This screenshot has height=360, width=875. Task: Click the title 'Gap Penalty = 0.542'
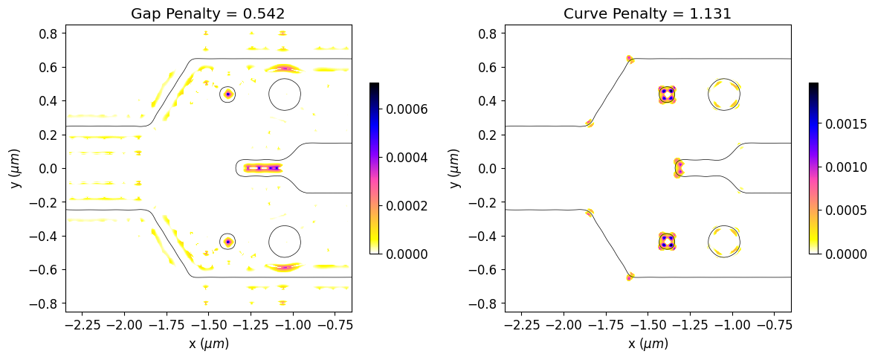click(208, 13)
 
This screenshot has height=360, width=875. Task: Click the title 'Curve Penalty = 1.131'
click(648, 13)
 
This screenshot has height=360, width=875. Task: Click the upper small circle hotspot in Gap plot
click(228, 94)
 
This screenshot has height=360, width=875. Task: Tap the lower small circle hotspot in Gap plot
click(228, 242)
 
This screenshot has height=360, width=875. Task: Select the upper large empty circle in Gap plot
click(285, 94)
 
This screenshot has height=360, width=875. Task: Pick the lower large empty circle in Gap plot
click(285, 241)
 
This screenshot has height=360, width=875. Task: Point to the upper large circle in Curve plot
click(724, 94)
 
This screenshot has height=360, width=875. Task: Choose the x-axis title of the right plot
click(648, 344)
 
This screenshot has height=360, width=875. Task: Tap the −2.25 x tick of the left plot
click(84, 325)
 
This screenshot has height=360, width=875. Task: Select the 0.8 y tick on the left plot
click(51, 33)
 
